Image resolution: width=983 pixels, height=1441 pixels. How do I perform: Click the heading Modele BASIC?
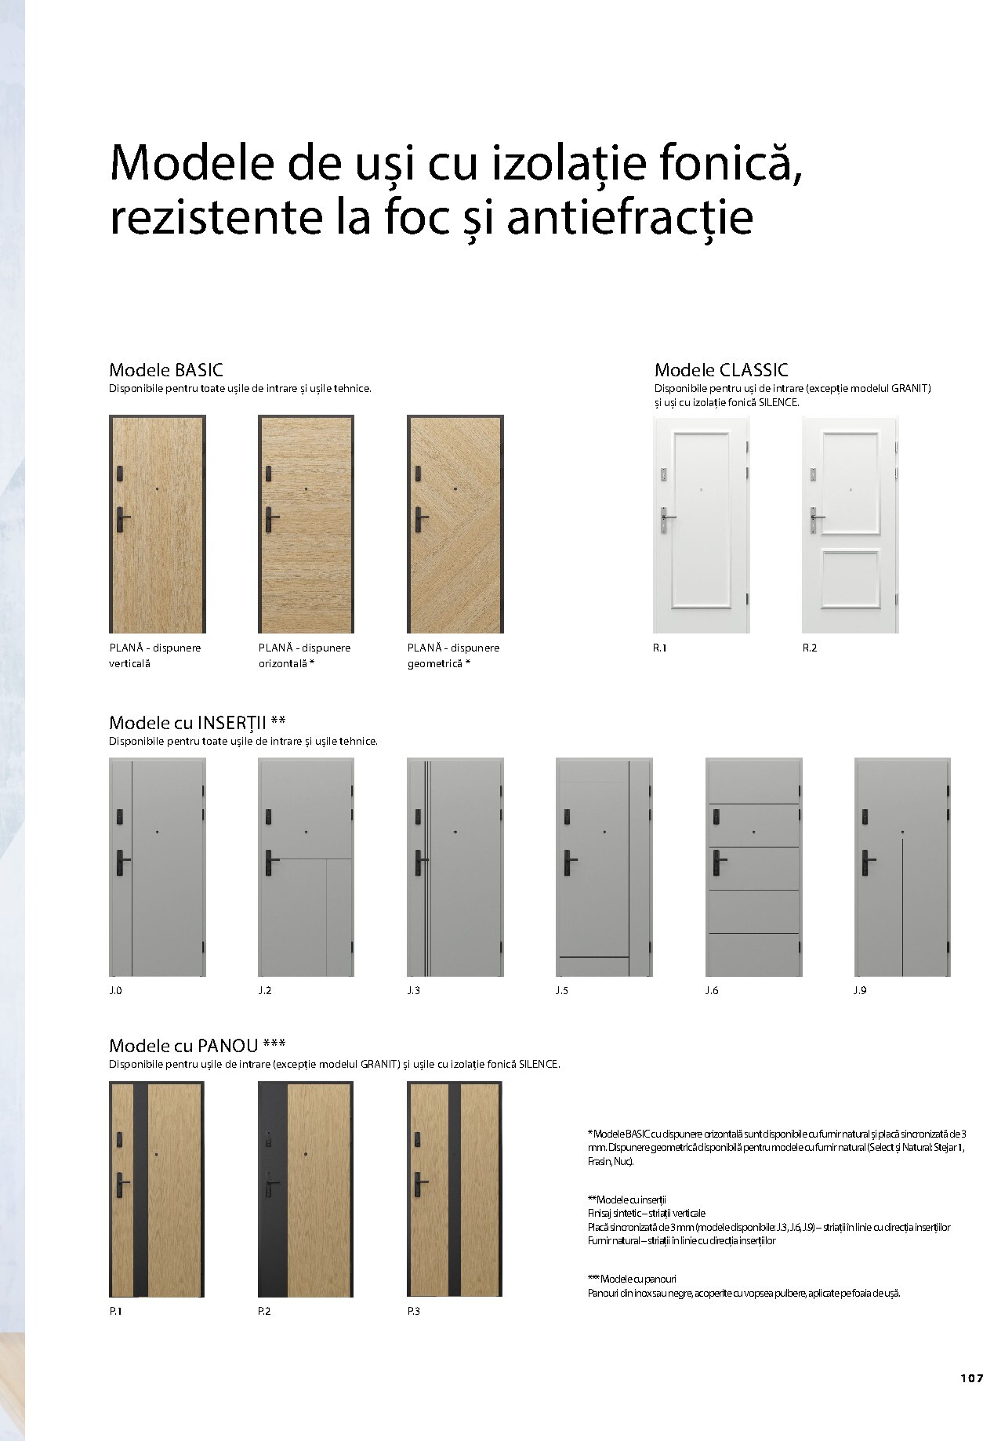[x=165, y=369]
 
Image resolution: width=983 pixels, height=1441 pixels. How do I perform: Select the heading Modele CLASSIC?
[x=720, y=369]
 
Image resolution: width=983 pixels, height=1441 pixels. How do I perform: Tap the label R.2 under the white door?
[x=809, y=648]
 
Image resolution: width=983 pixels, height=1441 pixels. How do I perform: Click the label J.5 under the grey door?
[x=561, y=990]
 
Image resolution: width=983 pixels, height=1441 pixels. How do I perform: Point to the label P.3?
[x=413, y=1311]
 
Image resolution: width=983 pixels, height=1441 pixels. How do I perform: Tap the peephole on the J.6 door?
[x=753, y=831]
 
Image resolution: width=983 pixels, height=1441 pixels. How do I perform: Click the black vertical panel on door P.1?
[x=140, y=1189]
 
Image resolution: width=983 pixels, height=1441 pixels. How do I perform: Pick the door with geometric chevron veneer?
[x=455, y=524]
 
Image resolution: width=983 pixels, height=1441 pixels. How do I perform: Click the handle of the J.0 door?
[x=122, y=860]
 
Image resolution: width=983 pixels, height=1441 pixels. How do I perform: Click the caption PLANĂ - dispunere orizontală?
[x=304, y=655]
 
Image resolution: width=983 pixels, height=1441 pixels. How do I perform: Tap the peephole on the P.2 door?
[x=305, y=1154]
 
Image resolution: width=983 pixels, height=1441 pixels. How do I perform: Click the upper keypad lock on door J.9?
[x=865, y=816]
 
